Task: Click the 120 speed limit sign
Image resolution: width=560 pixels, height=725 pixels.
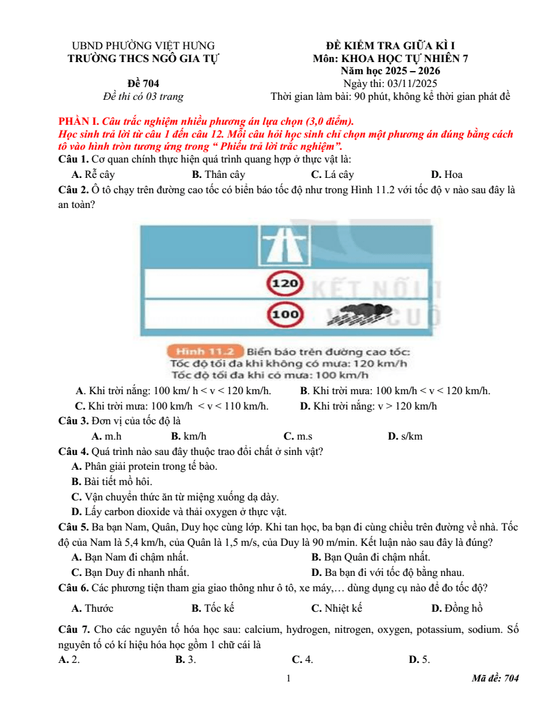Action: click(x=285, y=283)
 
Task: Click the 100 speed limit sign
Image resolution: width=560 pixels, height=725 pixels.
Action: click(x=285, y=314)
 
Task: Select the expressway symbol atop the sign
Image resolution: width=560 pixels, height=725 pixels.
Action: click(x=284, y=246)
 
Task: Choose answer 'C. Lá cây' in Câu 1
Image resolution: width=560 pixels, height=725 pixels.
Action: click(x=333, y=174)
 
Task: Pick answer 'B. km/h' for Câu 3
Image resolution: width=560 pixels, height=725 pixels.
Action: click(x=189, y=436)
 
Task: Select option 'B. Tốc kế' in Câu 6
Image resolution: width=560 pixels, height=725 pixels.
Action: click(x=212, y=608)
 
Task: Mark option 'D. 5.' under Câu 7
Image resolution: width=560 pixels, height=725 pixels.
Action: click(x=419, y=659)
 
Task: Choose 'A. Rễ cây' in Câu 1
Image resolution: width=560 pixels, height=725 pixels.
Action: click(x=93, y=174)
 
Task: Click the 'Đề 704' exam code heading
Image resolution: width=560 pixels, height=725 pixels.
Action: click(x=143, y=83)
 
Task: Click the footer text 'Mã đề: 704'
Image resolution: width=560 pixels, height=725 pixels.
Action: click(x=495, y=678)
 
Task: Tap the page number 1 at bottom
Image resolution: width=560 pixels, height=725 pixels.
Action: click(x=289, y=678)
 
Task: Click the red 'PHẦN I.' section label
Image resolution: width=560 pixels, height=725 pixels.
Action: click(x=79, y=121)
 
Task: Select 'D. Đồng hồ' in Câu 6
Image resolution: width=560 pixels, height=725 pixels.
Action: click(x=457, y=608)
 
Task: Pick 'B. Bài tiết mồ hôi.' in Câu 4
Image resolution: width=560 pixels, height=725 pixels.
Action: click(x=112, y=481)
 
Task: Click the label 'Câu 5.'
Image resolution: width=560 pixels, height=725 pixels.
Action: click(x=74, y=527)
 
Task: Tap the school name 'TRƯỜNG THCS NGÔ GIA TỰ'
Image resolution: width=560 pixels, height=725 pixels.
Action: click(x=143, y=59)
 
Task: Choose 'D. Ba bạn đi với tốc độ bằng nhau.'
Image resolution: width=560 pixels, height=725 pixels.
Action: click(x=388, y=573)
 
